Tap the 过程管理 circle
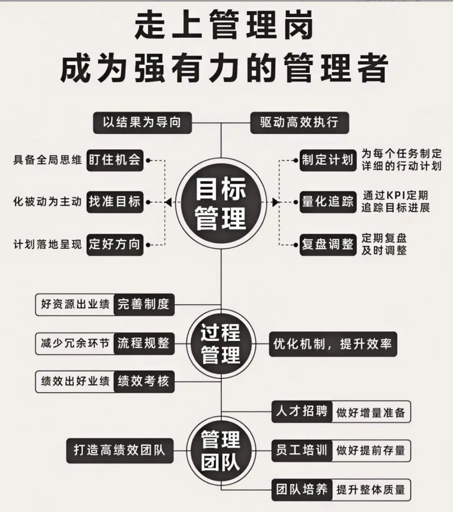[x=221, y=344]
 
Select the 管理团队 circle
[x=221, y=450]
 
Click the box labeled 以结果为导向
[x=142, y=122]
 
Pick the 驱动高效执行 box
[x=299, y=122]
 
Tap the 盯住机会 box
[x=115, y=160]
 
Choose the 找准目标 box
[x=115, y=202]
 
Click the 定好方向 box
[x=115, y=244]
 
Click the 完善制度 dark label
[x=143, y=304]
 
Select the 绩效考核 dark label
[x=143, y=381]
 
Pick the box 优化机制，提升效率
[x=333, y=344]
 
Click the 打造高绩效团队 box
[x=120, y=450]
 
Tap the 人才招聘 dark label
[x=302, y=411]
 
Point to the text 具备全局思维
[x=47, y=160]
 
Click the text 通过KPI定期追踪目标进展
[x=395, y=201]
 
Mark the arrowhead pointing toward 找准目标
[x=168, y=203]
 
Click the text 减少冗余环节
[x=75, y=343]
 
